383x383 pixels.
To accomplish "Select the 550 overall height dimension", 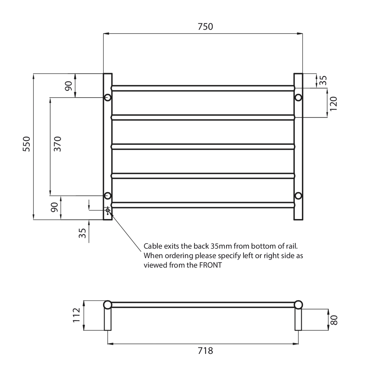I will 26,144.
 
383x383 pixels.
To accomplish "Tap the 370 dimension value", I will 57,144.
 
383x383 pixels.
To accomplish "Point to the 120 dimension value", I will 333,103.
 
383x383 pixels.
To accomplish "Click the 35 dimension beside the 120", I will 323,80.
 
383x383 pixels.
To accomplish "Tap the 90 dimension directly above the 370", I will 68,86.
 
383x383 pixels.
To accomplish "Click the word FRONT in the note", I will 210,265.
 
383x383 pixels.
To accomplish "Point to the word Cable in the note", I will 152,246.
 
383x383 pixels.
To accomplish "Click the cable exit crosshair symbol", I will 108,210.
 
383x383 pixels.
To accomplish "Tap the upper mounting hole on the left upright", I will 108,97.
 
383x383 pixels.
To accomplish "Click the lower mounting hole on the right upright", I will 298,196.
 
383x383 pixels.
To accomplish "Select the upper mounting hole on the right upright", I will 298,97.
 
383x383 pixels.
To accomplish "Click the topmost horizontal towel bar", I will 203,88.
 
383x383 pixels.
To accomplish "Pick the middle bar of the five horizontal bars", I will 203,147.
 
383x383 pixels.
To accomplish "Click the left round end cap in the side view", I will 108,305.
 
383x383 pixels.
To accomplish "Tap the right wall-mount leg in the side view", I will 298,320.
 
